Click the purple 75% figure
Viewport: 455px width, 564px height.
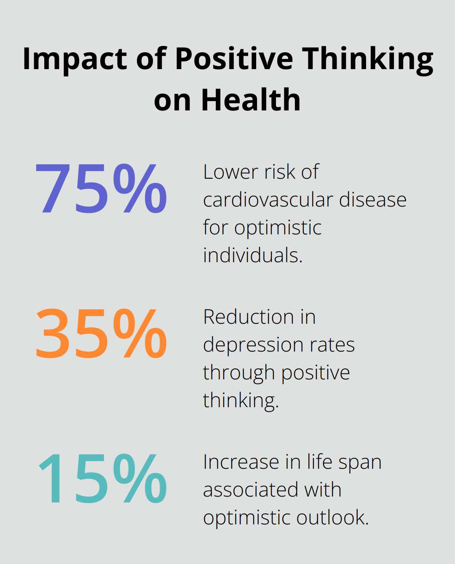coord(101,188)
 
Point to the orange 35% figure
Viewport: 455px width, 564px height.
coord(101,333)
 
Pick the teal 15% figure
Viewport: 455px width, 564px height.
coord(102,478)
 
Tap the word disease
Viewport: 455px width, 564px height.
coord(373,200)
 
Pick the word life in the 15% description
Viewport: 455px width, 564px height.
coord(320,462)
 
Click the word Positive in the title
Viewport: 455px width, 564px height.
coord(234,59)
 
